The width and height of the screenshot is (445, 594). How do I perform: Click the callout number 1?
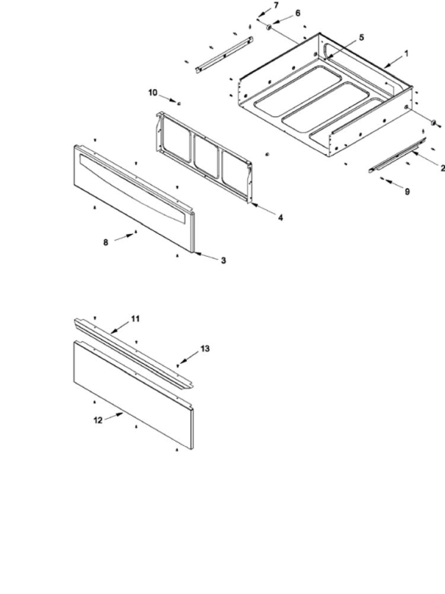pyautogui.click(x=407, y=54)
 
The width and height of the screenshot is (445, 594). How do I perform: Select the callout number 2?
pyautogui.click(x=442, y=168)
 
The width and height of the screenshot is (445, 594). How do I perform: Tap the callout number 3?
pyautogui.click(x=224, y=260)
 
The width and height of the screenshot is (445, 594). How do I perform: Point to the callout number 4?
pyautogui.click(x=281, y=218)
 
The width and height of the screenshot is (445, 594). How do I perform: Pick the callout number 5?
pyautogui.click(x=361, y=38)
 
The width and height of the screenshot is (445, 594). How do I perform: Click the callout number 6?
pyautogui.click(x=298, y=14)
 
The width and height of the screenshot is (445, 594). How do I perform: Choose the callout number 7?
pyautogui.click(x=276, y=5)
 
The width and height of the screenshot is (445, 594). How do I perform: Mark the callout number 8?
pyautogui.click(x=106, y=242)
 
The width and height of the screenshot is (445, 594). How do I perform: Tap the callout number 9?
pyautogui.click(x=407, y=192)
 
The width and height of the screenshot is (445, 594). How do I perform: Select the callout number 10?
pyautogui.click(x=152, y=93)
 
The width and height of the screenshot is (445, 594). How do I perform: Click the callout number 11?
pyautogui.click(x=136, y=319)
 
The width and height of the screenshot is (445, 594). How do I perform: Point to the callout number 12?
pyautogui.click(x=98, y=420)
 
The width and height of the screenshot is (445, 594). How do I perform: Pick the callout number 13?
pyautogui.click(x=205, y=349)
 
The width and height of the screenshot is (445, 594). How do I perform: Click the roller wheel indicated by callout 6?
pyautogui.click(x=269, y=27)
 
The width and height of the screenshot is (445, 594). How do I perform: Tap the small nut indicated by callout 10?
pyautogui.click(x=179, y=103)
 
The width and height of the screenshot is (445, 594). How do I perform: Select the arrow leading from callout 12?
pyautogui.click(x=115, y=416)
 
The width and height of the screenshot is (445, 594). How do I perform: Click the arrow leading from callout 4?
pyautogui.click(x=263, y=210)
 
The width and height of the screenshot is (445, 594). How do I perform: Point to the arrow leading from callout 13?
pyautogui.click(x=189, y=357)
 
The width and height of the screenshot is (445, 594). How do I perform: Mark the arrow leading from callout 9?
pyautogui.click(x=391, y=183)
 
